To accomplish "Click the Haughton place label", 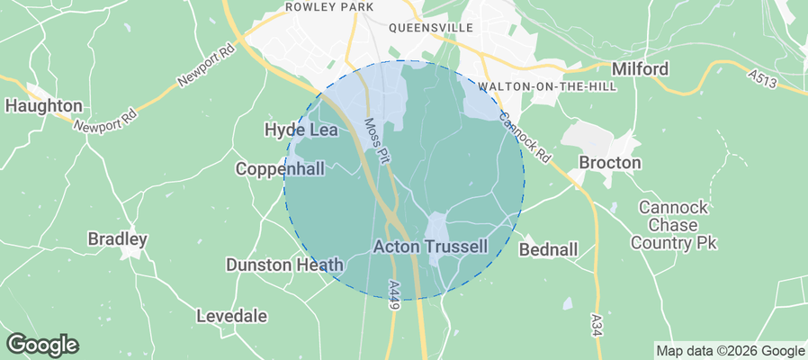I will pyautogui.click(x=44, y=105).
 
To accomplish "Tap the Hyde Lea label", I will pyautogui.click(x=301, y=130).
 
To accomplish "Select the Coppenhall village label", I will pyautogui.click(x=280, y=168).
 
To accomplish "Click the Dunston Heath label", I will pyautogui.click(x=284, y=265).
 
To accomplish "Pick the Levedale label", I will pyautogui.click(x=231, y=316).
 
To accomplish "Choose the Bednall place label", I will pyautogui.click(x=548, y=248).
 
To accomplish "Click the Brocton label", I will pyautogui.click(x=610, y=163).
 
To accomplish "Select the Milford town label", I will pyautogui.click(x=640, y=69).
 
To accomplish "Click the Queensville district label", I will pyautogui.click(x=431, y=28).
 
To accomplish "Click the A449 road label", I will pyautogui.click(x=394, y=294).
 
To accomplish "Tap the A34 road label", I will pyautogui.click(x=597, y=322).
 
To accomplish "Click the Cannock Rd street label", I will pyautogui.click(x=525, y=136).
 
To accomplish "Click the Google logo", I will pyautogui.click(x=42, y=345).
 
